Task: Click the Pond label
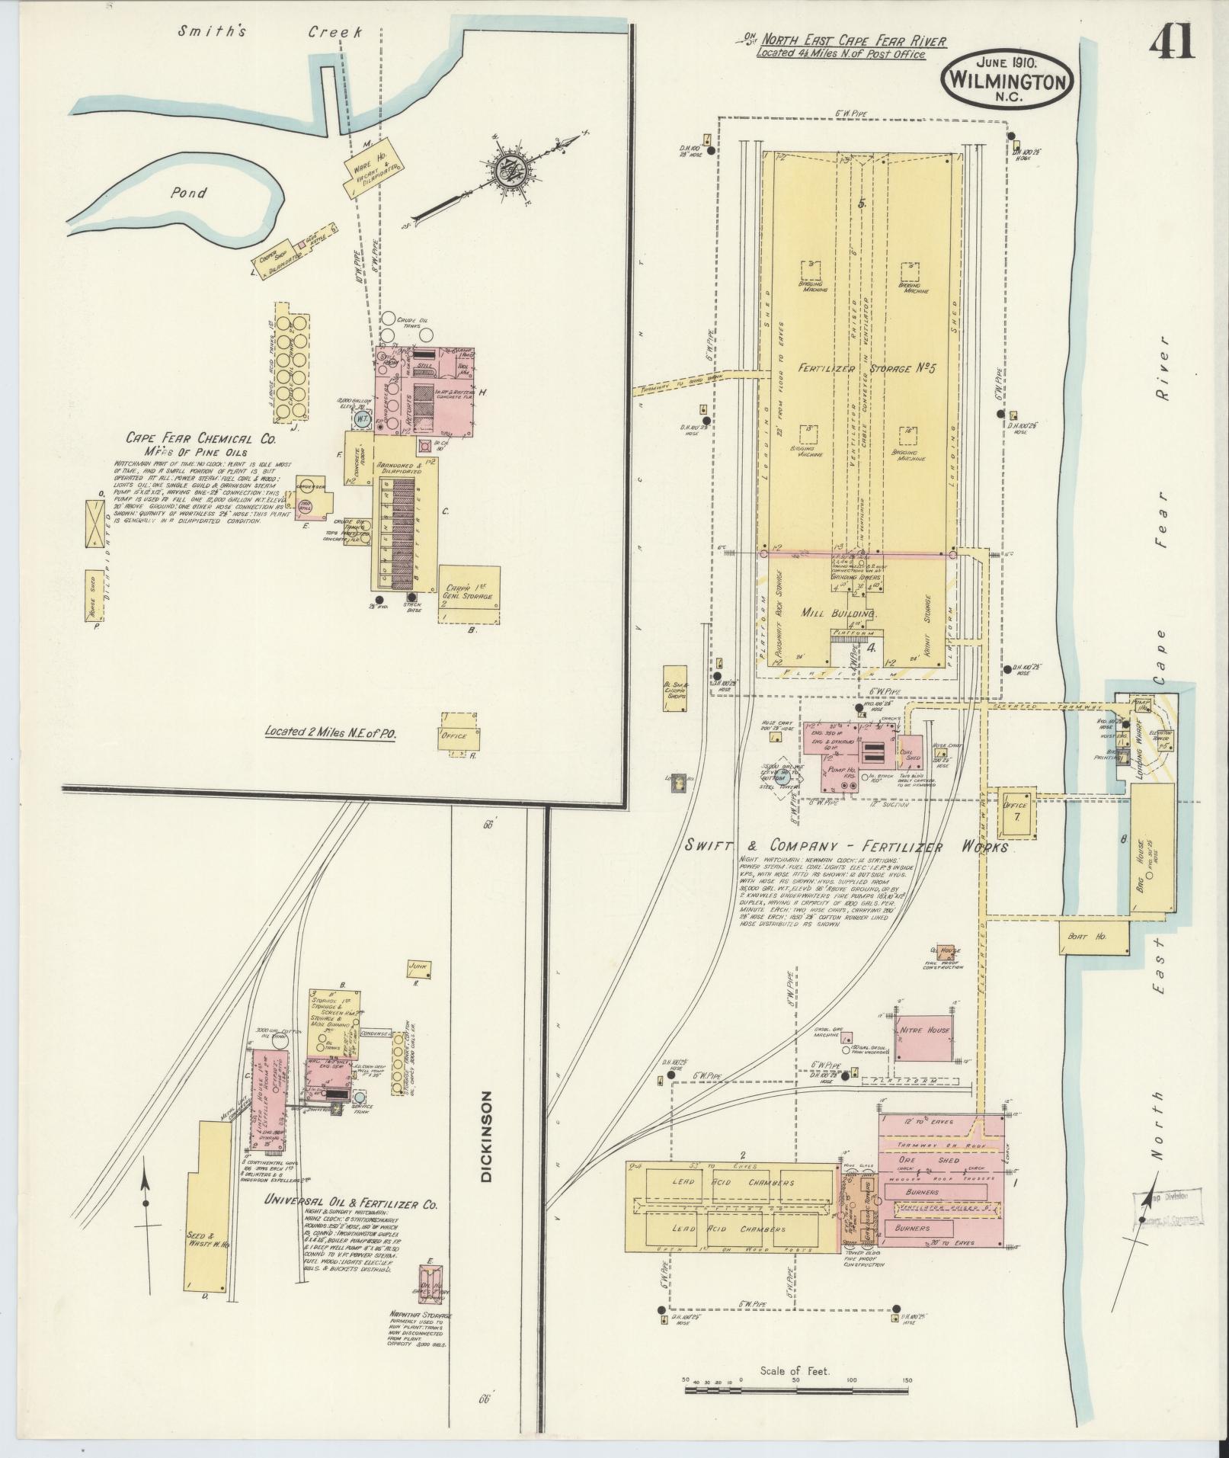188,193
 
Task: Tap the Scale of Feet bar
796,1389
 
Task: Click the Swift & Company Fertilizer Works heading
846,847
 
